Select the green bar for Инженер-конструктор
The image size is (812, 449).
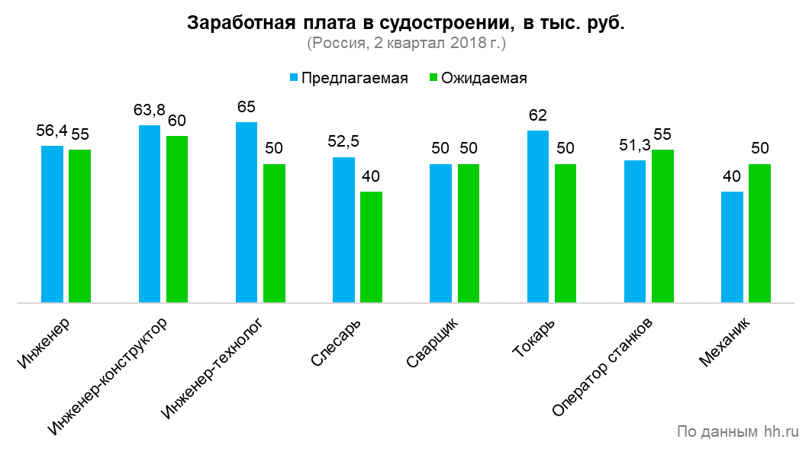[x=177, y=219]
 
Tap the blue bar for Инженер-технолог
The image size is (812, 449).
[x=246, y=212]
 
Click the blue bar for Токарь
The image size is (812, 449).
[x=538, y=217]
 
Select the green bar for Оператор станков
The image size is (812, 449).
[x=662, y=226]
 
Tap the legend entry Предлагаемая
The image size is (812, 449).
[x=348, y=79]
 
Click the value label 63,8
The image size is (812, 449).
[x=150, y=110]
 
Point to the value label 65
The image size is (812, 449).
[x=246, y=107]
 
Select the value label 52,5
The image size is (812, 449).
[x=343, y=142]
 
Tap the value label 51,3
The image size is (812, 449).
[x=635, y=145]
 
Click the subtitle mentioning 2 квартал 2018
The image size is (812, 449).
[x=406, y=44]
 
